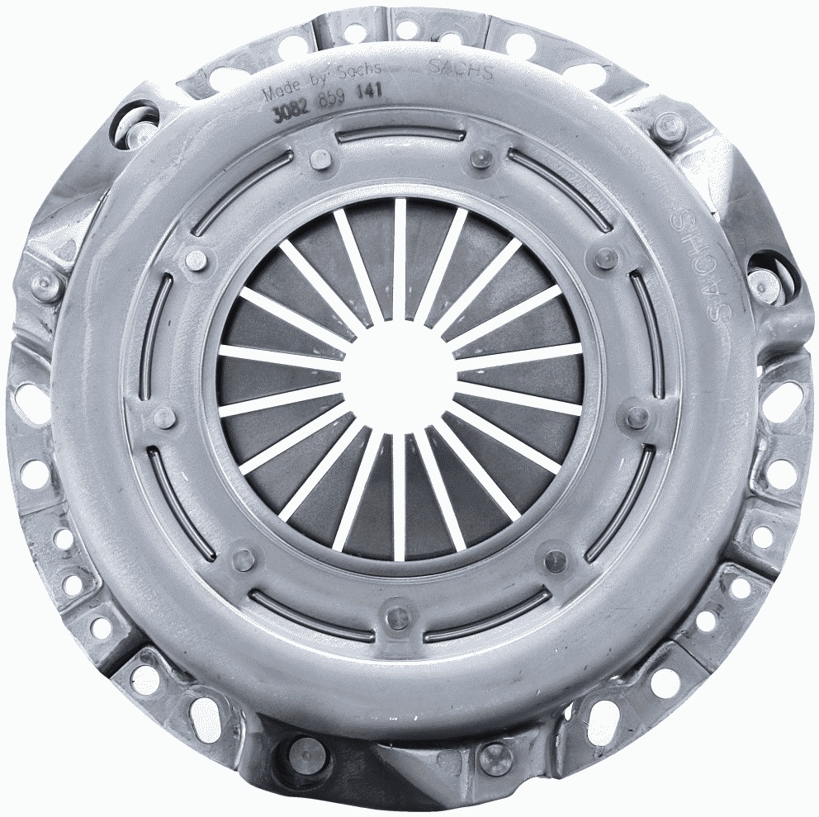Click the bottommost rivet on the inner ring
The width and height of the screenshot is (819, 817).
click(x=399, y=616)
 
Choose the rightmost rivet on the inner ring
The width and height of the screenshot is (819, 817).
click(x=637, y=417)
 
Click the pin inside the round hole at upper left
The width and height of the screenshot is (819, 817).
click(x=140, y=124)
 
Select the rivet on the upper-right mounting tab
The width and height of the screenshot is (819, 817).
click(x=667, y=126)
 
